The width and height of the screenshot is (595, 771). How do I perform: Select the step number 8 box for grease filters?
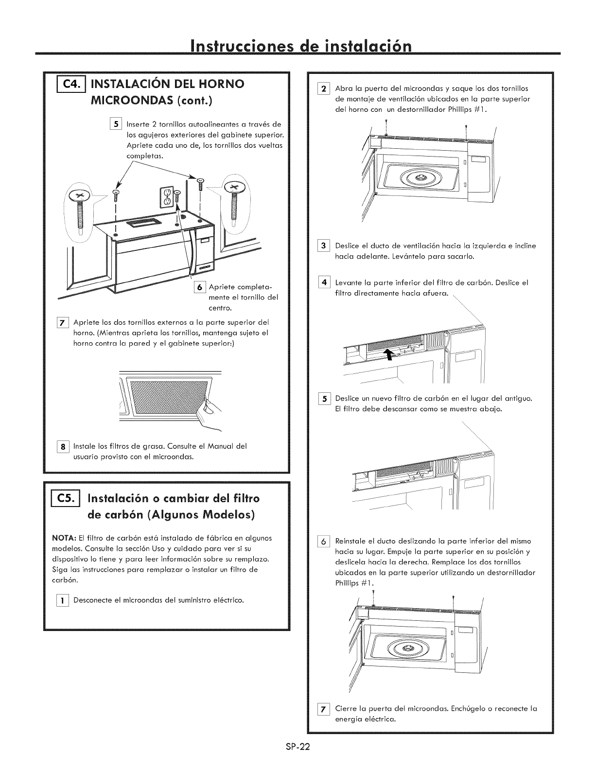pos(63,446)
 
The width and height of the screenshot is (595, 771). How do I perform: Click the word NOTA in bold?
pos(61,538)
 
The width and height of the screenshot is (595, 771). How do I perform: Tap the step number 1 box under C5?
pos(63,600)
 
